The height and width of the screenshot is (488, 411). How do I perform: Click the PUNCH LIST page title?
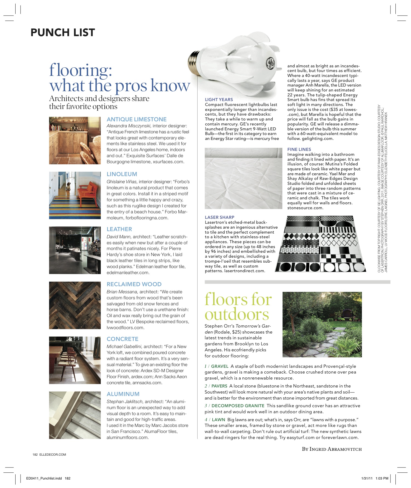pos(63,33)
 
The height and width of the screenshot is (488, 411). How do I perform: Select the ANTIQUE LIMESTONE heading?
pos(136,119)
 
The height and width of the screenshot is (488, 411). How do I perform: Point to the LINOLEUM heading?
pos(122,174)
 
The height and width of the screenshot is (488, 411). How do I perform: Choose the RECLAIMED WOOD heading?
pos(134,284)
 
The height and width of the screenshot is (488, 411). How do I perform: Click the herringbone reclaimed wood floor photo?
pos(75,305)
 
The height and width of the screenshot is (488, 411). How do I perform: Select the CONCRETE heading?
pos(122,339)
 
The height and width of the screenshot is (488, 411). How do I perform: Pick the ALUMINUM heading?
pos(123,394)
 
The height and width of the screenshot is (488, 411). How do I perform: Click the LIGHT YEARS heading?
pos(219,100)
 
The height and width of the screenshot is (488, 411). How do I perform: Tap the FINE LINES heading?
pos(299,149)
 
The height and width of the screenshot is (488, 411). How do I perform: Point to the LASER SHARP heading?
pos(219,217)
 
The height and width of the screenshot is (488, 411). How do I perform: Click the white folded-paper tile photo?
pos(243,179)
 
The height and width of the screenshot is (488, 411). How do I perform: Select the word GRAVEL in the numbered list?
pos(220,366)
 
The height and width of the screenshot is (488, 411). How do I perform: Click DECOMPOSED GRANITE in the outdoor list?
pos(238,406)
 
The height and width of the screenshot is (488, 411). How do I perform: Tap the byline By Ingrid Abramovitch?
pos(332,449)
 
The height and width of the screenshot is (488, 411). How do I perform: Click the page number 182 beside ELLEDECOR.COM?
pos(35,455)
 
